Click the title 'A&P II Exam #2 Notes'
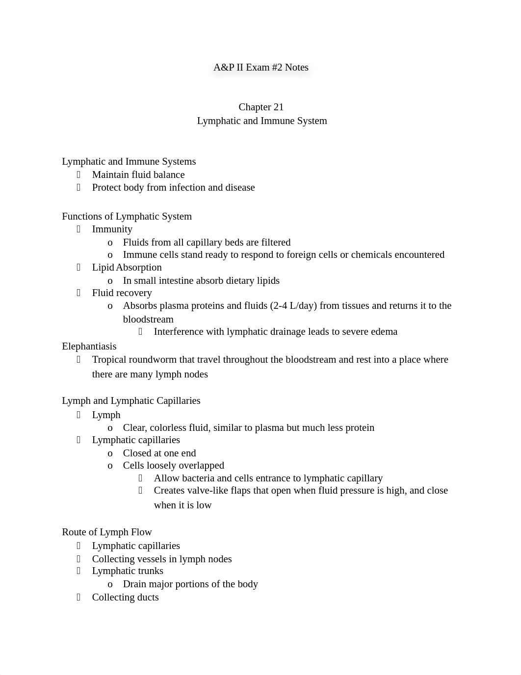[x=260, y=68]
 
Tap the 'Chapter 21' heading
[x=261, y=107]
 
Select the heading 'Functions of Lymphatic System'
[x=127, y=217]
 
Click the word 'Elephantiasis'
[x=89, y=347]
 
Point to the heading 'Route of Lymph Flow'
[x=106, y=532]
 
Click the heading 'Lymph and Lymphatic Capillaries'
[x=131, y=401]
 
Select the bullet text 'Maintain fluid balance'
[x=138, y=175]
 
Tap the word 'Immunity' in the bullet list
[x=112, y=229]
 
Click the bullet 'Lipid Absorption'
[x=127, y=268]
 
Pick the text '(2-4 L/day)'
[x=293, y=306]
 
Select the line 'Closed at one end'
[x=159, y=453]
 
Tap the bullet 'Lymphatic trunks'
[x=128, y=571]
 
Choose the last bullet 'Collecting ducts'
[x=125, y=598]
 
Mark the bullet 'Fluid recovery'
[x=122, y=293]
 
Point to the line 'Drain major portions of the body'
[x=190, y=584]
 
